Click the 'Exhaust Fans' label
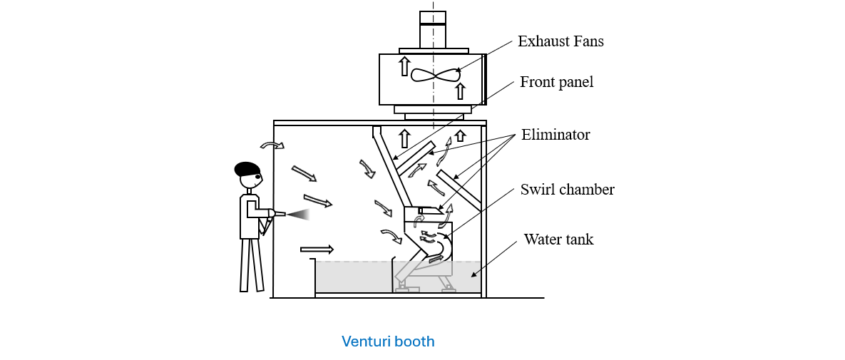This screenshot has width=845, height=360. [x=560, y=41]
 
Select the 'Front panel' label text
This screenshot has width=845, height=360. [x=556, y=82]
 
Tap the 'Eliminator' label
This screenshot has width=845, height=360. [x=555, y=134]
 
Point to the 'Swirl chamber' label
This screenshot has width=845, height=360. [x=567, y=190]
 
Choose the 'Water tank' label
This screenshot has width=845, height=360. [x=558, y=240]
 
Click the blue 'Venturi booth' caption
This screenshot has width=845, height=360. [x=388, y=341]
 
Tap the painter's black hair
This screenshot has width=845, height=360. [x=247, y=169]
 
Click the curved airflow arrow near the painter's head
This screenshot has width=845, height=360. [x=272, y=145]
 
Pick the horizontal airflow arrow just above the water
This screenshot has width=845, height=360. [x=317, y=249]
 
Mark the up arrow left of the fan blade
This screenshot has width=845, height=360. [x=404, y=66]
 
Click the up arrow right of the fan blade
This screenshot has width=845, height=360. [x=461, y=91]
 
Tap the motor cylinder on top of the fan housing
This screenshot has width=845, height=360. [x=432, y=29]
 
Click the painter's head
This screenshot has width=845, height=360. [x=250, y=179]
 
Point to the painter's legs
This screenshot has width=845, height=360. [x=249, y=264]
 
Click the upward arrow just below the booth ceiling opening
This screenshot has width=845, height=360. [x=404, y=138]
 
